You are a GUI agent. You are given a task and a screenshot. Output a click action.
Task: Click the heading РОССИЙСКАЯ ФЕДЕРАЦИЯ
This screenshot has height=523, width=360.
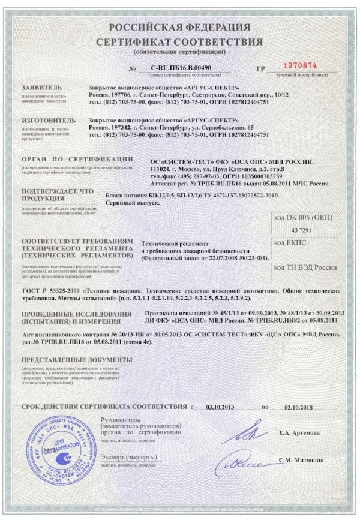180,28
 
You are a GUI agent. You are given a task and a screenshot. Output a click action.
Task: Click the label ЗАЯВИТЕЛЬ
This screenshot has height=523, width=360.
40,88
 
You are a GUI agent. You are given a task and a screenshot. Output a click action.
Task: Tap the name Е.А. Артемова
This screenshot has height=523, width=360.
299,432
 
